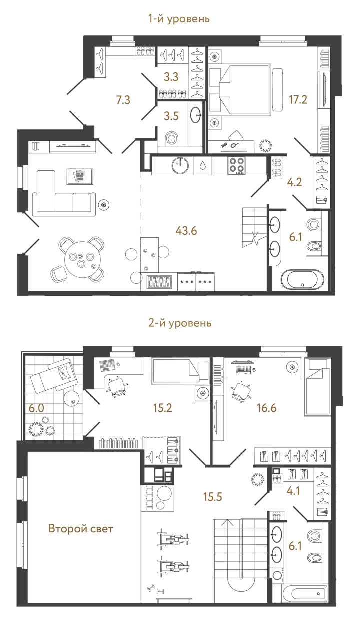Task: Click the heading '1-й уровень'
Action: (178, 19)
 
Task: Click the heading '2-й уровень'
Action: (180, 323)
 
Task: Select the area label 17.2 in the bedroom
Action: (298, 99)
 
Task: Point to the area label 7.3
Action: (123, 100)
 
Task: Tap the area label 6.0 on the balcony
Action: (36, 408)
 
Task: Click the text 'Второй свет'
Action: (81, 528)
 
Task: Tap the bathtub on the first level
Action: (303, 280)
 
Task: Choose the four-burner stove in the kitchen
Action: (236, 165)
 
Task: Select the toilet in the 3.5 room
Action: (172, 137)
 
